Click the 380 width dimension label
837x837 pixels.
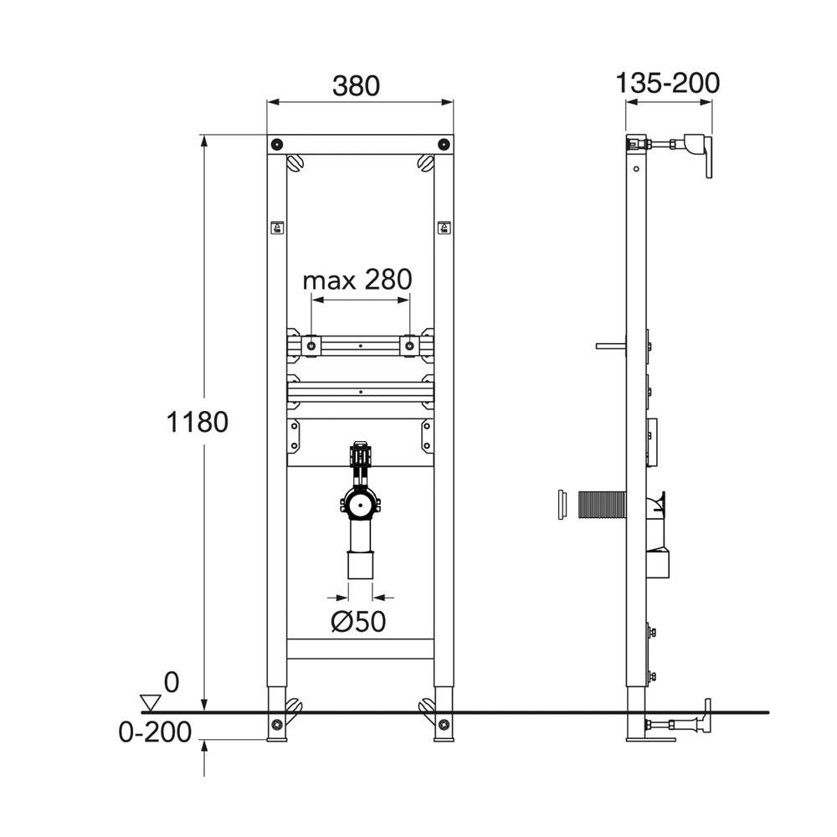(x=356, y=86)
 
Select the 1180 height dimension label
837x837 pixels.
(x=198, y=422)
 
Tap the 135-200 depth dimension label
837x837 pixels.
(x=668, y=83)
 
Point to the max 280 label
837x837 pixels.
(x=357, y=280)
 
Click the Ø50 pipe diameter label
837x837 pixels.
(x=358, y=621)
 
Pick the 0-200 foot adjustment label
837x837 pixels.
(x=155, y=732)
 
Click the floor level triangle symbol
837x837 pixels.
(x=150, y=702)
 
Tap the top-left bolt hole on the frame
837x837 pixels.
(x=276, y=144)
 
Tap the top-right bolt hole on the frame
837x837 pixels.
(x=443, y=144)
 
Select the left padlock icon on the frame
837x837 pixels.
(x=277, y=228)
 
